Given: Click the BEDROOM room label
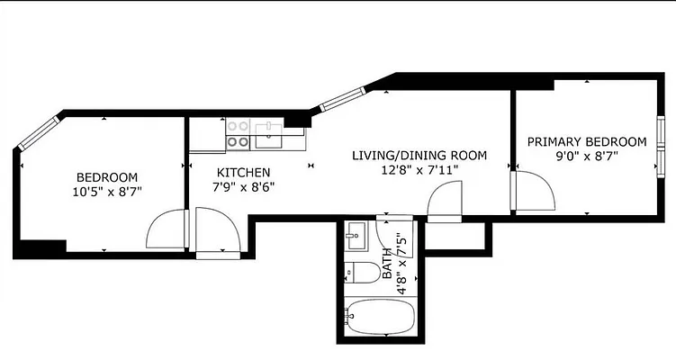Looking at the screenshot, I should click(106, 176).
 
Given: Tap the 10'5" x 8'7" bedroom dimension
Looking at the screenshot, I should click(106, 191).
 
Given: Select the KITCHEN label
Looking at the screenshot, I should click(243, 172).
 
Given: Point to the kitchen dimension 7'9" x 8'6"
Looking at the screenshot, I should click(243, 186).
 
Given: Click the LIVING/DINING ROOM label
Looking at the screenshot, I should click(419, 156).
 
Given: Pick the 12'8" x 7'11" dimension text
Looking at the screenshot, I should click(419, 170).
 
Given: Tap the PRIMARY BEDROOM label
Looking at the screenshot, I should click(586, 141).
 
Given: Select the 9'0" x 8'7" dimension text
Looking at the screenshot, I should click(586, 156).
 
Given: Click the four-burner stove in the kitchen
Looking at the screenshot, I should click(238, 134).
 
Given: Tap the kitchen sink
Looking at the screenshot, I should click(268, 136).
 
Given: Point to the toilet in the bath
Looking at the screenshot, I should click(361, 272).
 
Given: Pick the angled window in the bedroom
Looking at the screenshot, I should click(36, 133).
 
